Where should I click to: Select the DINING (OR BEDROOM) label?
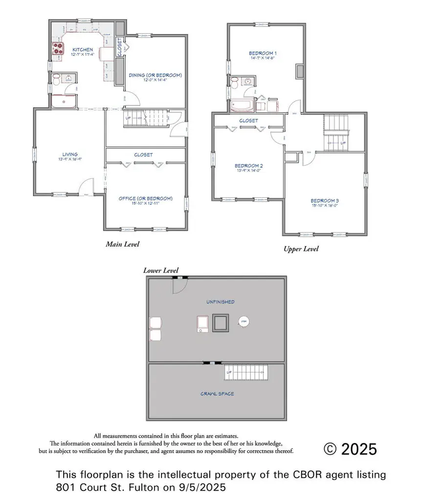155,75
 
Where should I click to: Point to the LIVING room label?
68,154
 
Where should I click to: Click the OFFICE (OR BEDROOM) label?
146,198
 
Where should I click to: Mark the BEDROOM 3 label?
325,201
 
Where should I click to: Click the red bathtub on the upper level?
242,105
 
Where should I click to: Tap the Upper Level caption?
301,249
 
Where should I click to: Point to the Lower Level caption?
161,271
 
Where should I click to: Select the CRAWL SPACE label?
217,394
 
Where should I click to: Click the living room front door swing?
87,187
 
